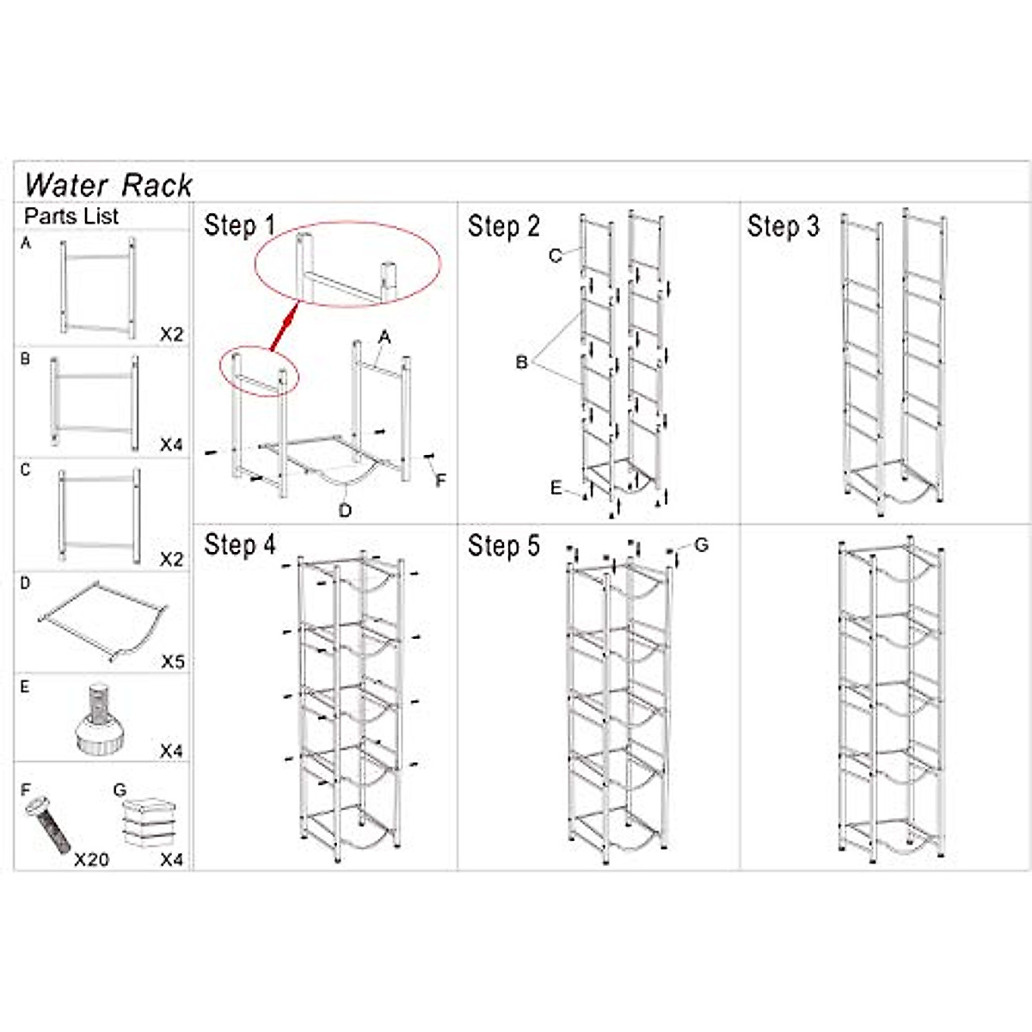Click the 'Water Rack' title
pos(108,185)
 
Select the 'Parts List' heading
pos(71,216)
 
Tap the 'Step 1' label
pos(239,226)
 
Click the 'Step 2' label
pos(503,227)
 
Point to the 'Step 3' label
pos(783,227)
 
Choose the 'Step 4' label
pos(239,545)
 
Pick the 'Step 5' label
pos(503,546)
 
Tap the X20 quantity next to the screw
pos(91,859)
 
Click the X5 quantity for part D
pos(173,662)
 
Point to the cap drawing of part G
pos(148,822)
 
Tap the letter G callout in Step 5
pos(701,545)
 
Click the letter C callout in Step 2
pos(555,255)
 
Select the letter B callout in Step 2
pos(521,363)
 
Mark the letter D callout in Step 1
pos(345,511)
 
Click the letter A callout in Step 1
pos(384,338)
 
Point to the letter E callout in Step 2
pos(556,488)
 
